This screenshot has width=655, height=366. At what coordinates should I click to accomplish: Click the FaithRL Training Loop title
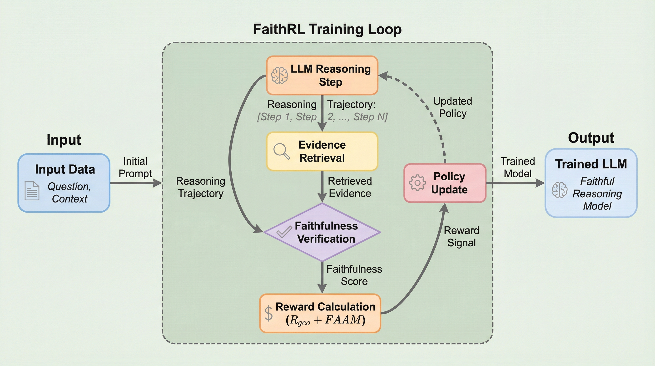click(x=327, y=29)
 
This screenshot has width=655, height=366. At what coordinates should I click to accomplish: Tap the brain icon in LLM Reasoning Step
click(x=279, y=76)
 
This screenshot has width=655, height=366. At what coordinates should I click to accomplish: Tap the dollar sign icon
click(x=268, y=314)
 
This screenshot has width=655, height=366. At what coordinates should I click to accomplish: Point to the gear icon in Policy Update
click(x=417, y=183)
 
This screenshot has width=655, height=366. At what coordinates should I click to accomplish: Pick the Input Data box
click(x=64, y=183)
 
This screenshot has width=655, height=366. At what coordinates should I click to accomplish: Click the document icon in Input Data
click(x=32, y=191)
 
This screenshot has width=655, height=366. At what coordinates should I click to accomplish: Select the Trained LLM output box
click(x=591, y=183)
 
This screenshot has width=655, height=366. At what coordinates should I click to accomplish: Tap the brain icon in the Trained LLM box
click(x=559, y=190)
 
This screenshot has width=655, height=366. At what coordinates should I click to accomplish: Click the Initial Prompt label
click(x=135, y=168)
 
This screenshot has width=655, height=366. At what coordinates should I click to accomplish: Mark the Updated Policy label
click(x=453, y=107)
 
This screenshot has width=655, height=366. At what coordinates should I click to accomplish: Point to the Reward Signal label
click(x=461, y=236)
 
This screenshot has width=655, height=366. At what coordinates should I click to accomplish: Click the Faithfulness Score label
click(x=354, y=275)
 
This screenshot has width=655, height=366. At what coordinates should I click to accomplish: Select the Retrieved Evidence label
click(x=350, y=187)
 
